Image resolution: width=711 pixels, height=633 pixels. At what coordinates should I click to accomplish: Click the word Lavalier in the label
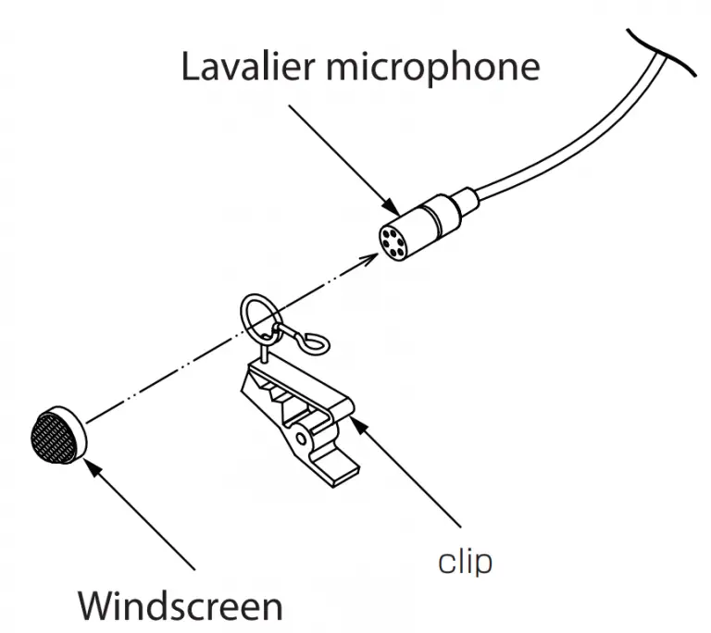[x=243, y=68]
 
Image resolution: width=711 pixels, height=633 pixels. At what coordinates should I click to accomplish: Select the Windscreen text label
[x=180, y=605]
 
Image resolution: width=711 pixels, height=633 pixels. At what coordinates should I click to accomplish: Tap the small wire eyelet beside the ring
[x=316, y=344]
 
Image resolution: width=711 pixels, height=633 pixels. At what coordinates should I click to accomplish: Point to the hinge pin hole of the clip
[x=303, y=436]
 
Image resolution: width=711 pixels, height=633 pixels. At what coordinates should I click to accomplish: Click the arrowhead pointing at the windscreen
[x=94, y=464]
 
